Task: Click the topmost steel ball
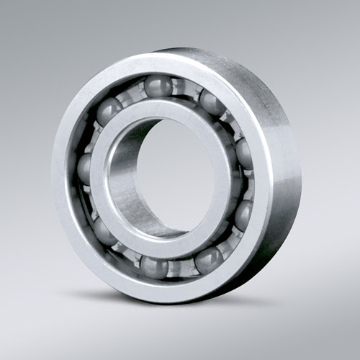158,86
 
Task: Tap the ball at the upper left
109,111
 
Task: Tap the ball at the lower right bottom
208,258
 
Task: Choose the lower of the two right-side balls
244,215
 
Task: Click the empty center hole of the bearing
180,176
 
